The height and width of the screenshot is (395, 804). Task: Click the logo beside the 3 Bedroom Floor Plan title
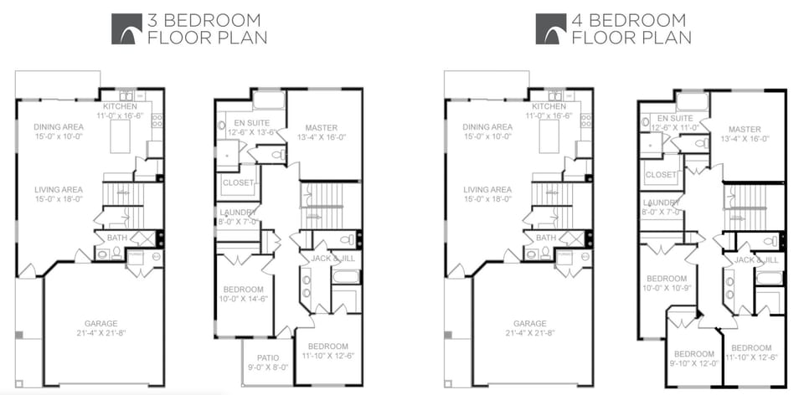[x=126, y=28]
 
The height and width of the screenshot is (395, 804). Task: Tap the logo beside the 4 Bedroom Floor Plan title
[x=551, y=28]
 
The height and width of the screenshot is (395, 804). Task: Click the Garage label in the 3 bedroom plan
[x=100, y=323]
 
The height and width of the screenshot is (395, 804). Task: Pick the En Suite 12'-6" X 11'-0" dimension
[x=674, y=128]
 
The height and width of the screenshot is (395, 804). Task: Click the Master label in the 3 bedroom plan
[x=321, y=128]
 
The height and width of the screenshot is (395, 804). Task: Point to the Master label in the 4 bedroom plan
[x=745, y=129]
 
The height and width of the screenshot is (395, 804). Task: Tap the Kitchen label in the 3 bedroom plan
[x=120, y=106]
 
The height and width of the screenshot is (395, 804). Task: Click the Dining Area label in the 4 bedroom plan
[x=487, y=127]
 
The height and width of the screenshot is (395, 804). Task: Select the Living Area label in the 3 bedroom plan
[x=59, y=189]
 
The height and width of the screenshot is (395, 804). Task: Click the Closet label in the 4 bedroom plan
[x=662, y=175]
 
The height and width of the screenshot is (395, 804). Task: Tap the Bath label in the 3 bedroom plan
[x=117, y=238]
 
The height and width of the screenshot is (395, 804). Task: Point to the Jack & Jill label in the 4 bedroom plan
[x=757, y=260]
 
